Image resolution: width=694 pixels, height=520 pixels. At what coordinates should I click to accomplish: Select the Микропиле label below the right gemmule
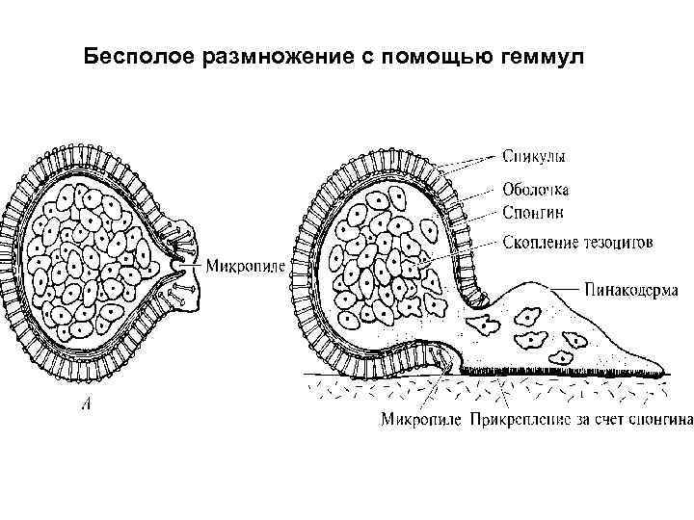pyautogui.click(x=421, y=420)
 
